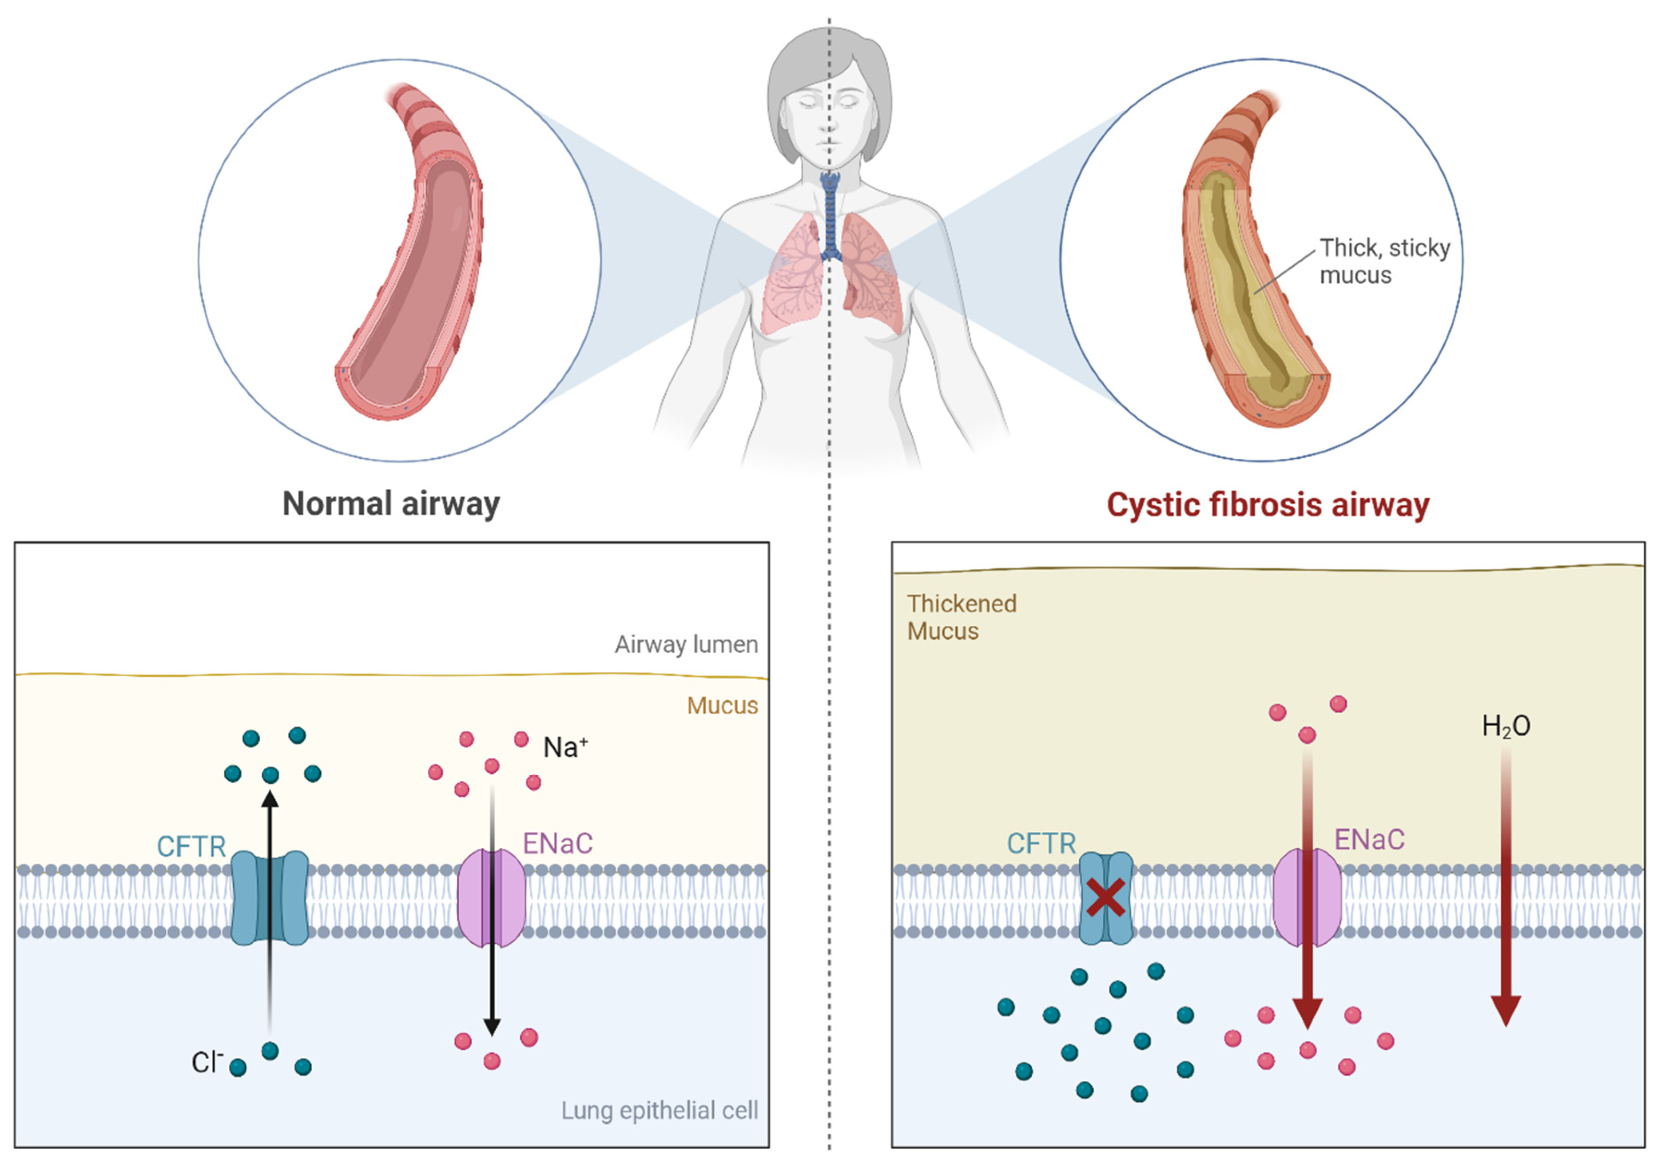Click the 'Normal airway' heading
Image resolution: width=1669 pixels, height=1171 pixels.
(391, 503)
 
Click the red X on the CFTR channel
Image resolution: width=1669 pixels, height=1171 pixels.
(1105, 898)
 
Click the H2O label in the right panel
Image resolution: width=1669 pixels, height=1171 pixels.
(1506, 726)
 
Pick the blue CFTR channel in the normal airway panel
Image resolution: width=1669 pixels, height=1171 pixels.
(270, 898)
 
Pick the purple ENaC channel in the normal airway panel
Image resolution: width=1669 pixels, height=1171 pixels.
(491, 898)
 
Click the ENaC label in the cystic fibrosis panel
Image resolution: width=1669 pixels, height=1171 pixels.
(1369, 840)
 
